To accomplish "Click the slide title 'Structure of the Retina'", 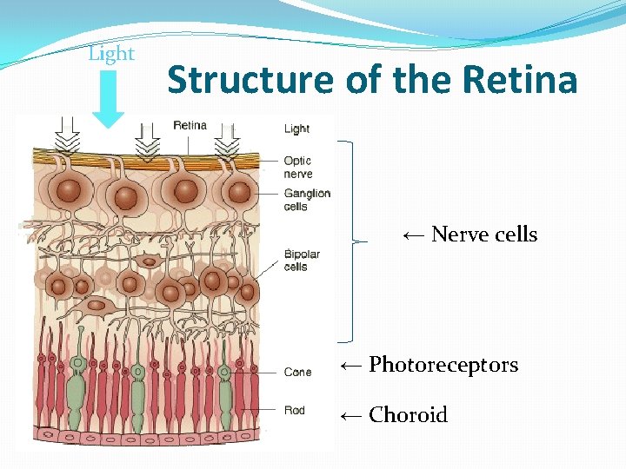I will [x=372, y=80].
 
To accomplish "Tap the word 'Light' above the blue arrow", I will [x=111, y=54].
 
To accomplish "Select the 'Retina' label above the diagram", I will [x=190, y=125].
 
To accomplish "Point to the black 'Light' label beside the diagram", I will [x=296, y=129].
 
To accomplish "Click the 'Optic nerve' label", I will [x=297, y=167].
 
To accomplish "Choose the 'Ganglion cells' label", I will [x=307, y=200].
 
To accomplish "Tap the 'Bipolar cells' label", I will [x=302, y=261].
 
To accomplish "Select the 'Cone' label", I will [x=297, y=373].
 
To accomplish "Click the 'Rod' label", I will [x=295, y=410].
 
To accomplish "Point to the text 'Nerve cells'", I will [x=484, y=234].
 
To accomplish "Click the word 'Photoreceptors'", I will [x=443, y=365].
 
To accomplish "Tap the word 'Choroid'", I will [x=408, y=415].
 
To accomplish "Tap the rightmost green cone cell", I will [x=225, y=386].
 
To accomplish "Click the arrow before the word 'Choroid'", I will [x=350, y=415].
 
